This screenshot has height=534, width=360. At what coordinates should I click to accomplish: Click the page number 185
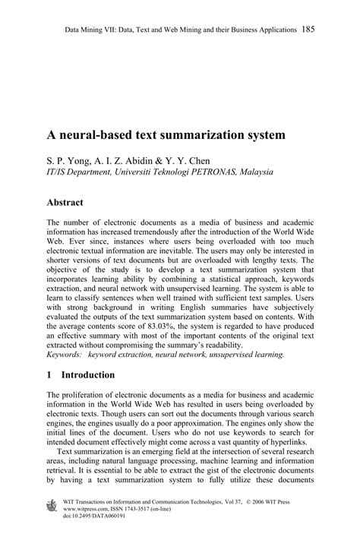[x=308, y=30]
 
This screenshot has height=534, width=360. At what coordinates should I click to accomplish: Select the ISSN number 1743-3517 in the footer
[x=148, y=510]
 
